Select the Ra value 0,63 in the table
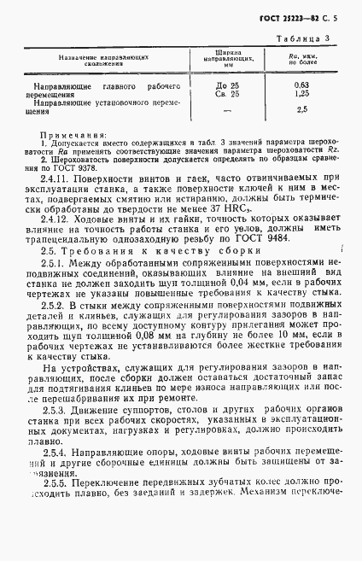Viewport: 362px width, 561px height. (301, 87)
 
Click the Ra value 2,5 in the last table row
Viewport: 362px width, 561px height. (301, 110)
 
